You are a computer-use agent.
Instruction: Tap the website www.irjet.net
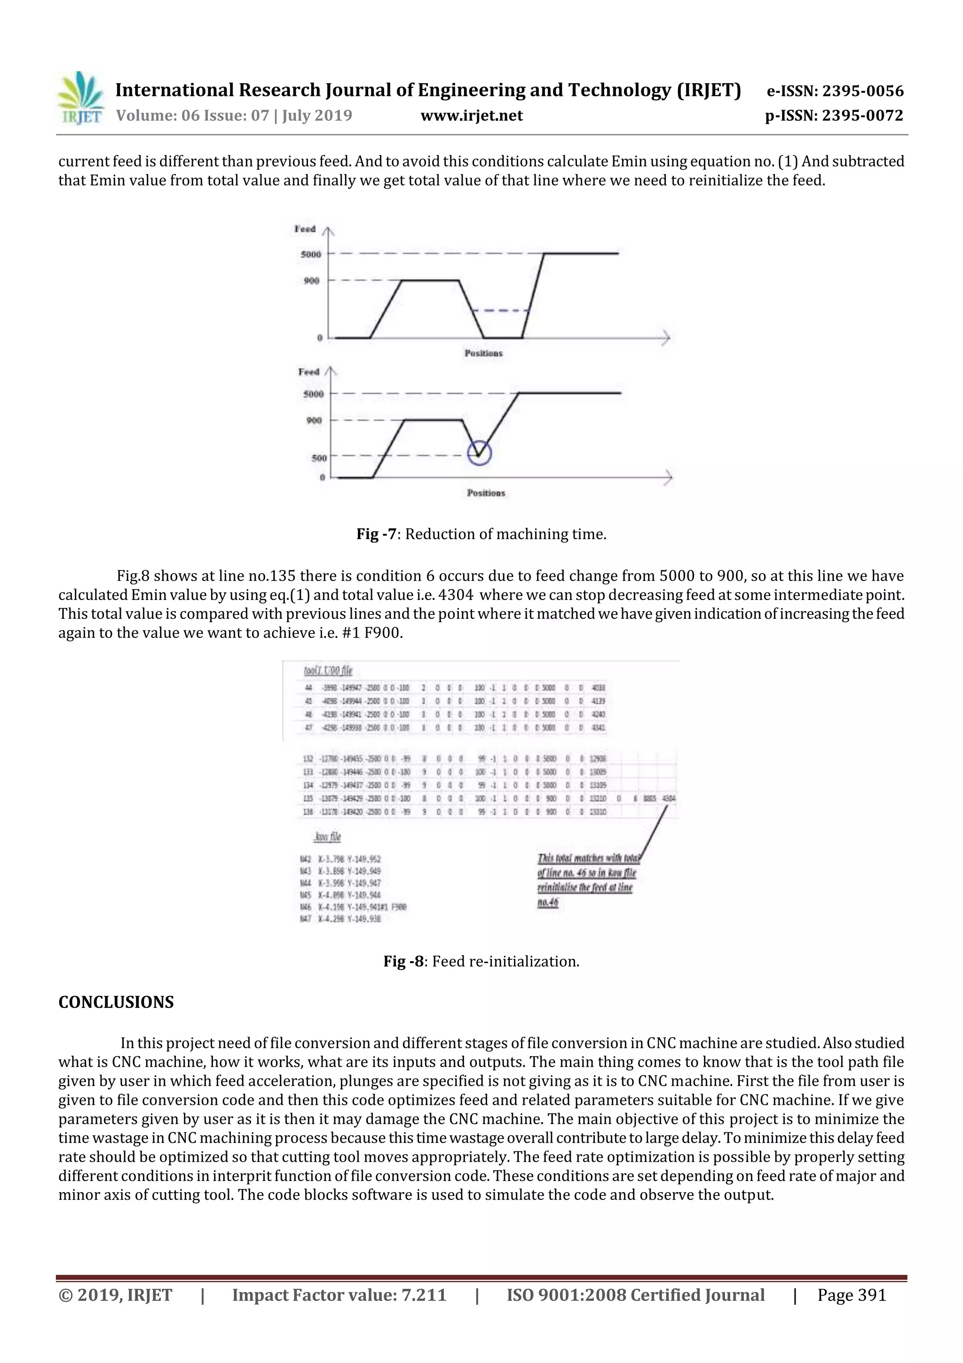tap(472, 115)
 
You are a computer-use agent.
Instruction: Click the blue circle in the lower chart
tap(480, 454)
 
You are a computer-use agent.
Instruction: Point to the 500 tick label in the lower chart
tap(319, 458)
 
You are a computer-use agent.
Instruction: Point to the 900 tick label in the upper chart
tap(311, 280)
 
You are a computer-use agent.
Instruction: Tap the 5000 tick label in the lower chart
tap(313, 394)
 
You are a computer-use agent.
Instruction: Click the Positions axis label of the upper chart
tap(483, 353)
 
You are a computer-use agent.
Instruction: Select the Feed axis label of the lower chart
tap(308, 372)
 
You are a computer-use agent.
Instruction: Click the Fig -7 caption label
tap(376, 534)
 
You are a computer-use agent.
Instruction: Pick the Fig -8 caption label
tap(403, 961)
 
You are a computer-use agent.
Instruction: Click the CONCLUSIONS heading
tap(116, 1002)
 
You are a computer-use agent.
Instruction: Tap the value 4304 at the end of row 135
tap(669, 798)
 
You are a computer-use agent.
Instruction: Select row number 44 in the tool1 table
tap(308, 688)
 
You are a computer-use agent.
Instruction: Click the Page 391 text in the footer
tap(852, 1295)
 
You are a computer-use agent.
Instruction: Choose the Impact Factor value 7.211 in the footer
tap(339, 1295)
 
